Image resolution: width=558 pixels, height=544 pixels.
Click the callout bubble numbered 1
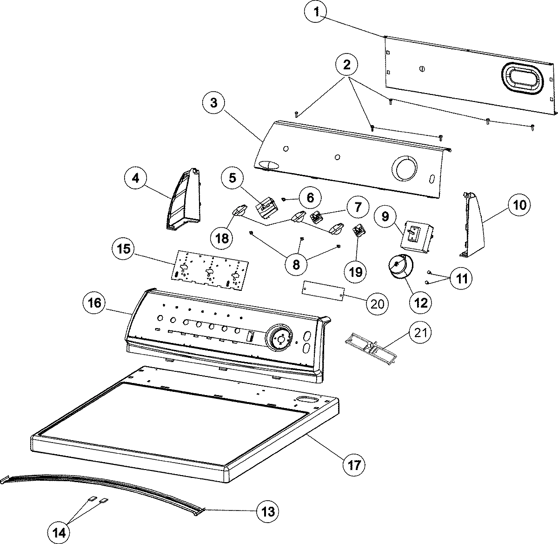coord(317,13)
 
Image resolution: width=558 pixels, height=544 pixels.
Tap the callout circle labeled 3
coord(213,103)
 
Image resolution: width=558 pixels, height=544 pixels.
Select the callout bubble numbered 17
coord(354,464)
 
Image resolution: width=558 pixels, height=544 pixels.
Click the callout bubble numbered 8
coord(296,264)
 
